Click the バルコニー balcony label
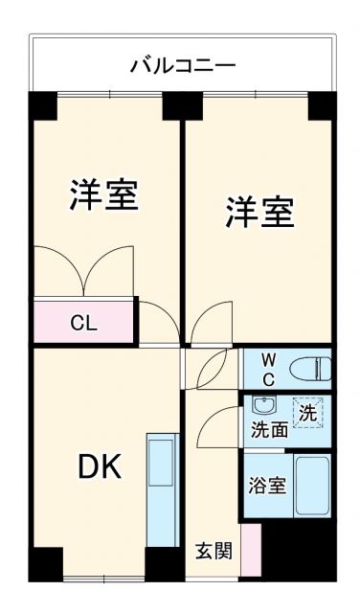[183, 66]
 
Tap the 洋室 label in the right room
[259, 212]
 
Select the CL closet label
[83, 323]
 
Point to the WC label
[268, 369]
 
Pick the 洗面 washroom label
[269, 430]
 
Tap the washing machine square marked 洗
[307, 414]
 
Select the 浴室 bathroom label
[267, 485]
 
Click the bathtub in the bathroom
[312, 486]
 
